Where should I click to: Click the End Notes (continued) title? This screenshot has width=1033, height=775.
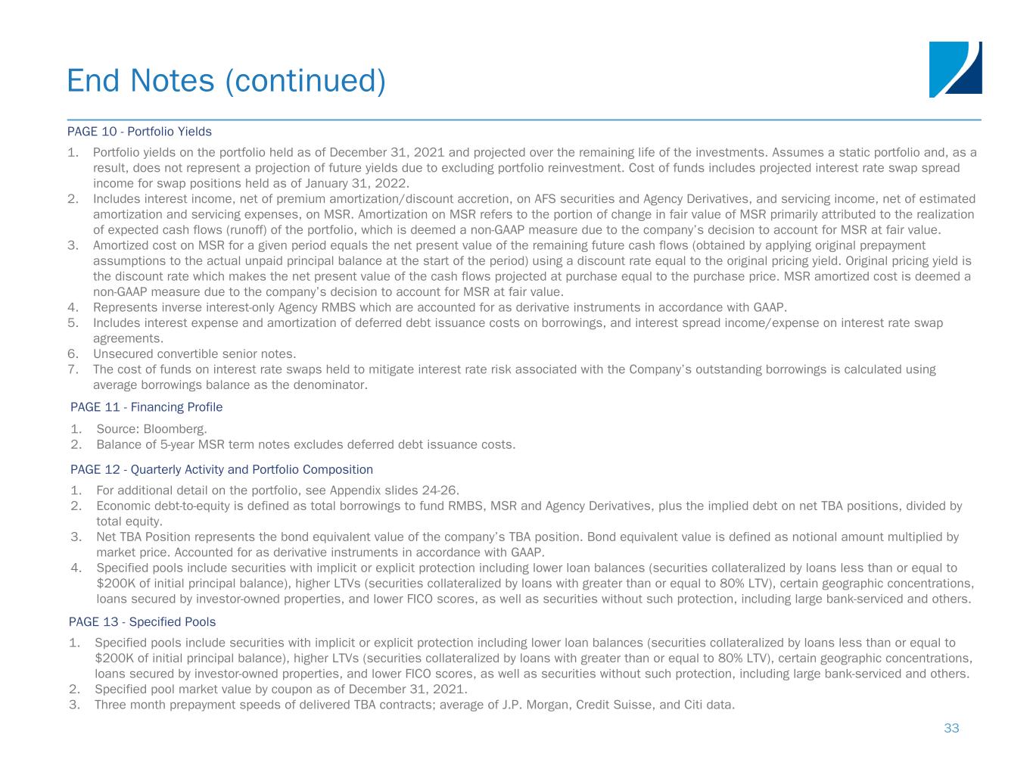(x=226, y=81)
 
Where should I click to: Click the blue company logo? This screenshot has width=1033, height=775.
(x=955, y=69)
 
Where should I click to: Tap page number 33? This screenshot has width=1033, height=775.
(x=951, y=728)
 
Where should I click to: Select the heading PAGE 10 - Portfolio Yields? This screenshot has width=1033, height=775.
(x=139, y=132)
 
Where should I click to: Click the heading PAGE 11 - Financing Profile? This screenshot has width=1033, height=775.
(x=146, y=407)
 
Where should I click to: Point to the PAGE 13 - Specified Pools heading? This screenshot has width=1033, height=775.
(x=142, y=622)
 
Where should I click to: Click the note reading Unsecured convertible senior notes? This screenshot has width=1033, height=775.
(x=194, y=353)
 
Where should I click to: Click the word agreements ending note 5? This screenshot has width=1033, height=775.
(x=128, y=338)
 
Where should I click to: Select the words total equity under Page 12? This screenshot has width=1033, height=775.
(x=129, y=521)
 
